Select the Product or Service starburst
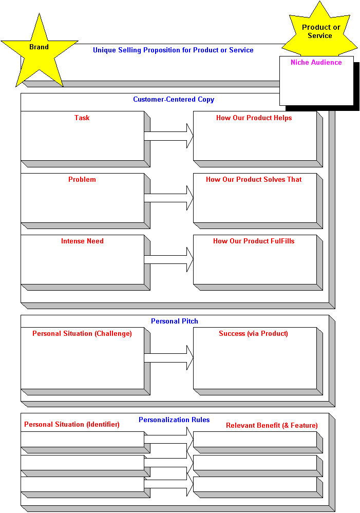point(320,32)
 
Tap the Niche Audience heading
point(316,62)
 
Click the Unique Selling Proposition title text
point(173,50)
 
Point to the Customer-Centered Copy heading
point(174,100)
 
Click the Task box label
point(82,118)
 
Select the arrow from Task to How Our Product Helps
point(168,136)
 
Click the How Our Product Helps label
point(254,118)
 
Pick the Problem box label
point(82,179)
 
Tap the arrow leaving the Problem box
point(168,198)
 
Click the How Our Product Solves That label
point(254,179)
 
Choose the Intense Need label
point(82,241)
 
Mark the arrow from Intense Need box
point(168,259)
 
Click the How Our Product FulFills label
point(254,241)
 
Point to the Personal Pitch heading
point(175,321)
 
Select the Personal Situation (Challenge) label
point(82,334)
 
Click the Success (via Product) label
point(253,334)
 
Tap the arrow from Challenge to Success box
point(168,357)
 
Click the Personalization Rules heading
point(174,420)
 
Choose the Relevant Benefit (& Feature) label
point(272,425)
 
